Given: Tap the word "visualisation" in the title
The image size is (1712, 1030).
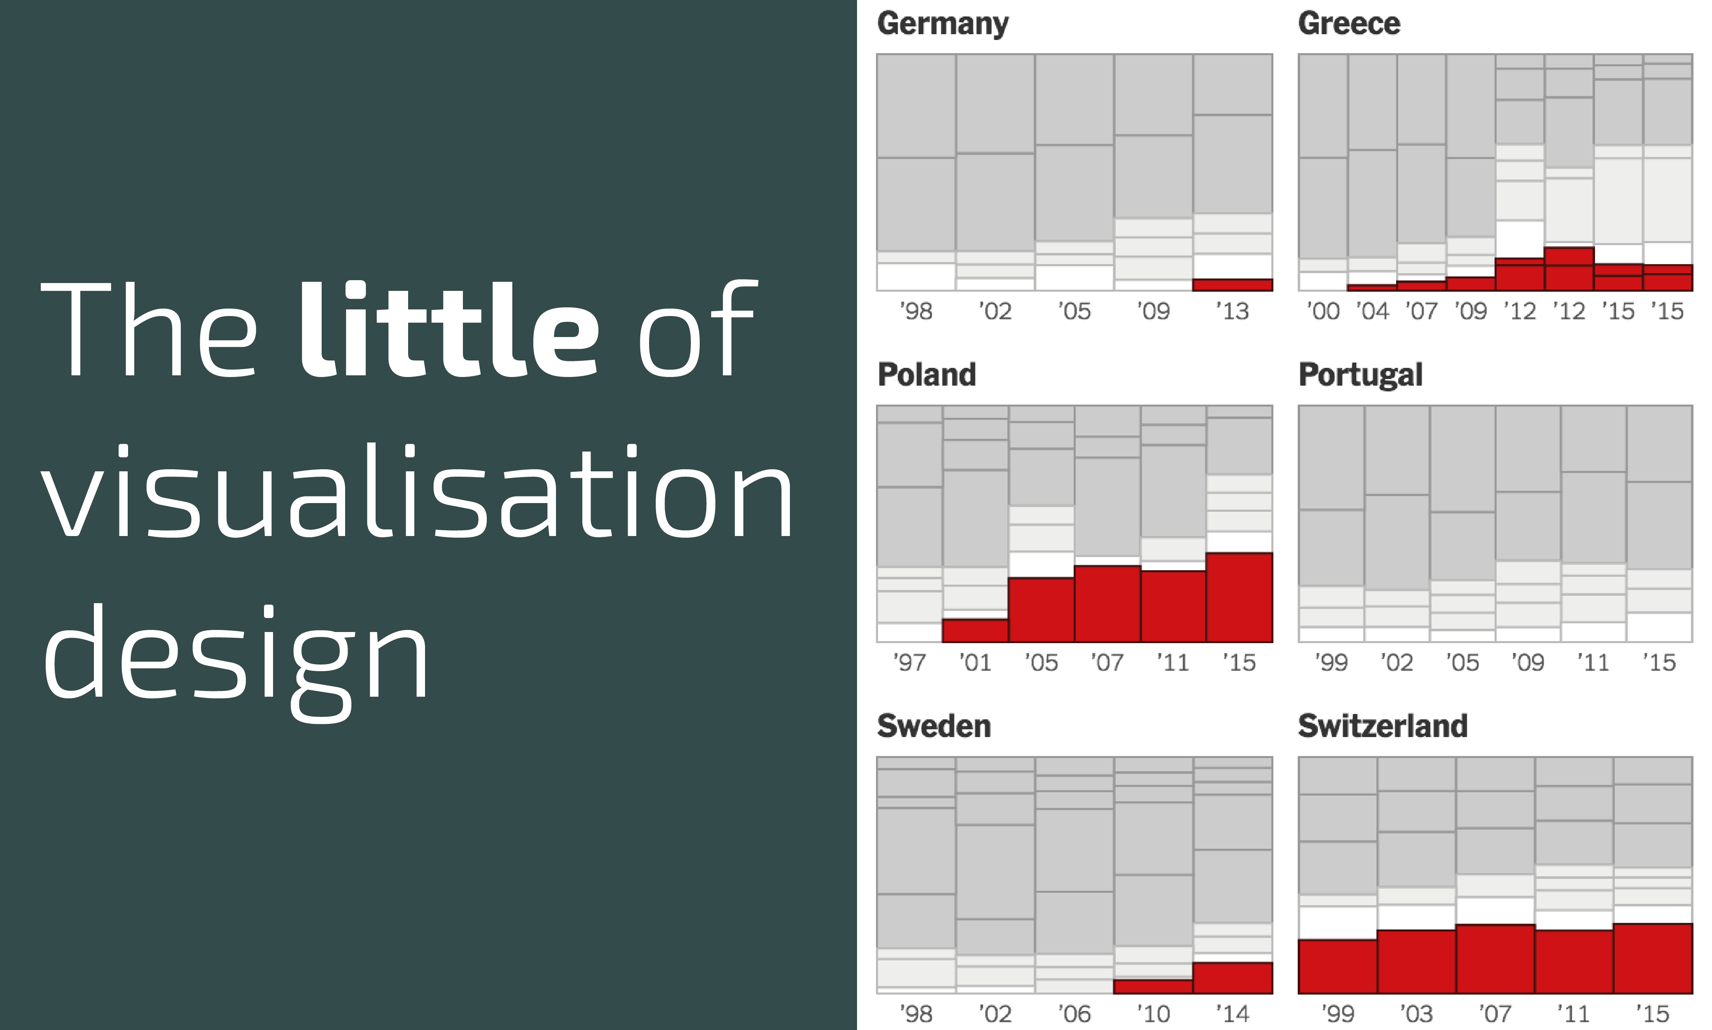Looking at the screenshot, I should point(416,492).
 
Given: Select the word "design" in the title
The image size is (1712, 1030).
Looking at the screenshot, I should point(236,656).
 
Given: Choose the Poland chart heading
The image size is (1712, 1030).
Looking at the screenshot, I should point(927,375).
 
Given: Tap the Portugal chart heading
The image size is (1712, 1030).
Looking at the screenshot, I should point(1359,375).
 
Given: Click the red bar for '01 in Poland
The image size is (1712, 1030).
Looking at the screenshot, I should point(975,630).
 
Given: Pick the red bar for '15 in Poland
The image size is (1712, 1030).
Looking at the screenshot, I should point(1239,597).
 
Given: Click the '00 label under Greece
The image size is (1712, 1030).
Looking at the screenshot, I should point(1323,311).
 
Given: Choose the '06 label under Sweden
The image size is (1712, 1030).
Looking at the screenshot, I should point(1074,1014).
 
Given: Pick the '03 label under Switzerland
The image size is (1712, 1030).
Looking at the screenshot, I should point(1416,1014).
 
